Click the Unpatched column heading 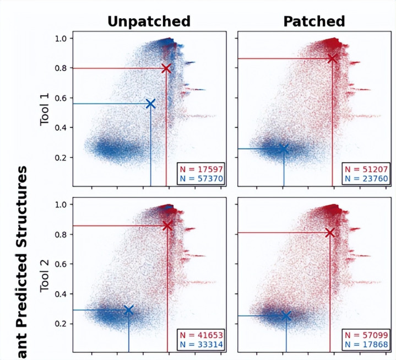click(x=149, y=21)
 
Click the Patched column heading click(x=314, y=21)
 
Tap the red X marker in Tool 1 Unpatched click(x=166, y=68)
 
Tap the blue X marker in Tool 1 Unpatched click(x=150, y=104)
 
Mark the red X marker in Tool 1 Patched click(x=332, y=58)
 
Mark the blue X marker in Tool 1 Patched click(x=284, y=149)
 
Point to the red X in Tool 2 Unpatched click(x=167, y=225)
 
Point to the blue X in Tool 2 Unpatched click(x=128, y=310)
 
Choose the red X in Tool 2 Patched click(x=329, y=233)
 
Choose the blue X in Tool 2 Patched click(x=285, y=315)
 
